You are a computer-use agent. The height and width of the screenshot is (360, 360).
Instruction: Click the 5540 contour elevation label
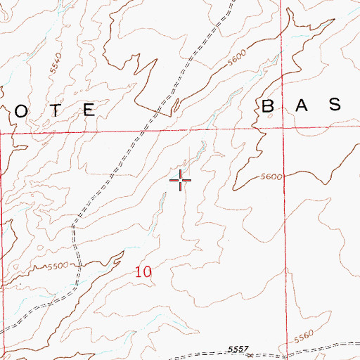(x=56, y=67)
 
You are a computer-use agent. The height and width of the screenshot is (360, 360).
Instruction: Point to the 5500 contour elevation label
(x=60, y=265)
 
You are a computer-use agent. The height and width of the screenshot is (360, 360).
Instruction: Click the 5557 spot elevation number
(x=239, y=349)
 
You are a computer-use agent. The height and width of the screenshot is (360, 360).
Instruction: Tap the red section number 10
(x=143, y=271)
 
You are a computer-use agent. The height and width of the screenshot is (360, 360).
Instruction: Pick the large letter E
(x=89, y=110)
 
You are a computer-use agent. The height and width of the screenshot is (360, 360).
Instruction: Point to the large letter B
(x=269, y=106)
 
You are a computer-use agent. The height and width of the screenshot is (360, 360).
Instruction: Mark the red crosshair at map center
(x=181, y=180)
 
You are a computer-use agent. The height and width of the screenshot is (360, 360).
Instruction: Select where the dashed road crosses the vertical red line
(x=287, y=349)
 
